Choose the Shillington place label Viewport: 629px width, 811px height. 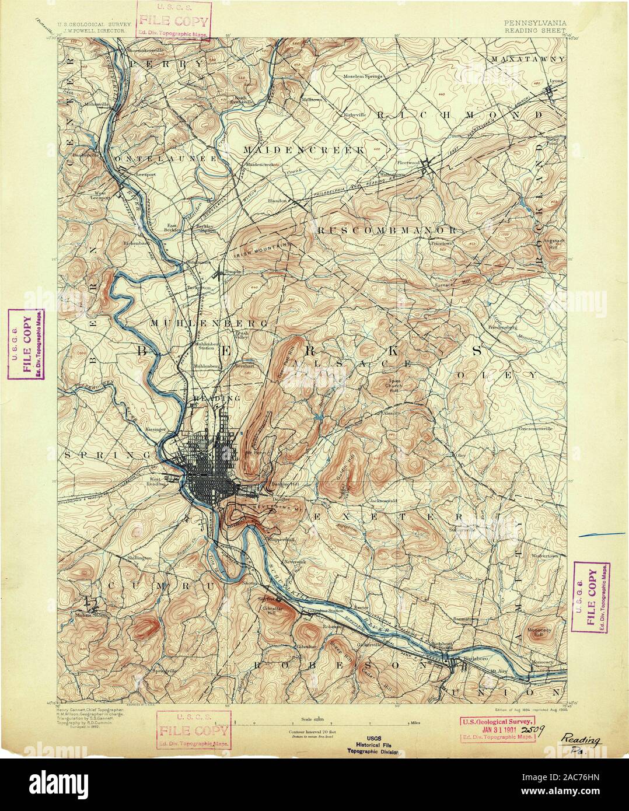[139, 558]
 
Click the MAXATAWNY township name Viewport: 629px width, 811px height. [527, 60]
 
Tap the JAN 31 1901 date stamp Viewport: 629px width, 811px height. [497, 728]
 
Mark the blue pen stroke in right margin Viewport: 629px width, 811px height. [602, 534]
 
